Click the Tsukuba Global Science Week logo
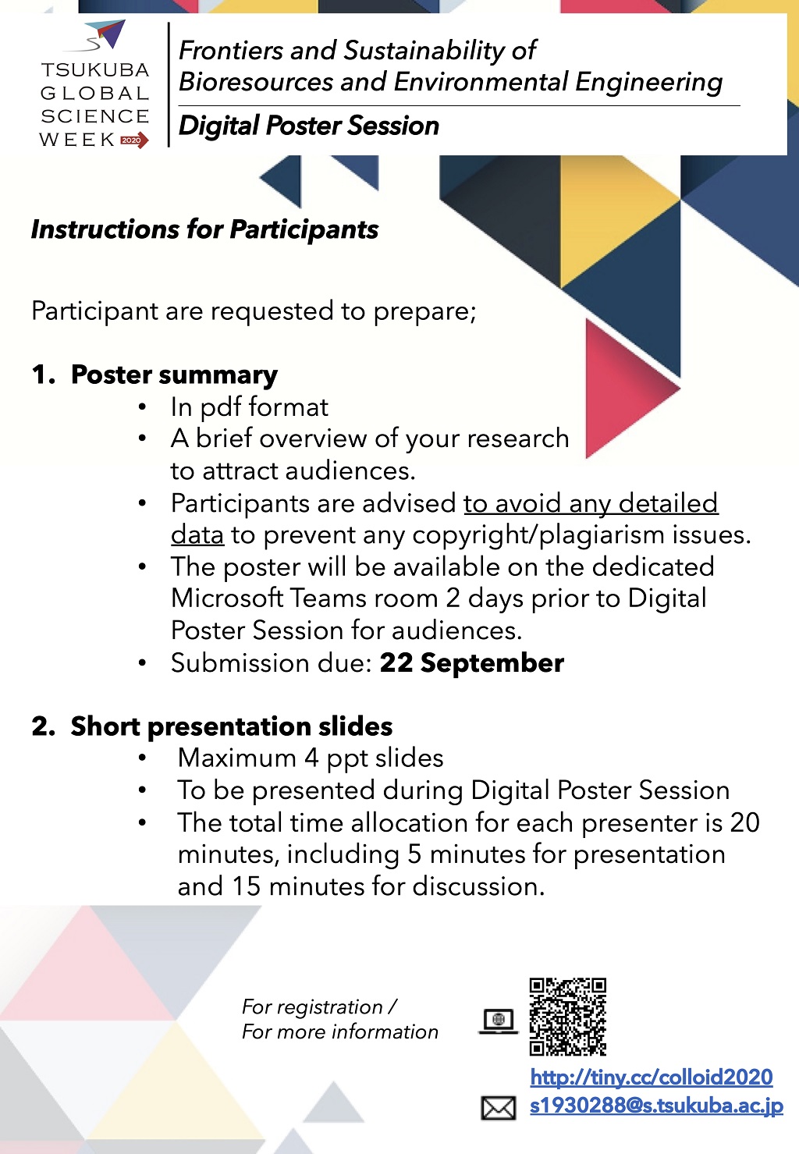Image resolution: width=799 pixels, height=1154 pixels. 94,84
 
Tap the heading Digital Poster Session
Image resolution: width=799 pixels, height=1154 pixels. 308,126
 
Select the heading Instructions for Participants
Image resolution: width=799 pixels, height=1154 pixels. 204,229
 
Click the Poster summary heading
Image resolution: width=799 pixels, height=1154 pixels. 174,375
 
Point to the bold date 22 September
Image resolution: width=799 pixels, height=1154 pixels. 471,662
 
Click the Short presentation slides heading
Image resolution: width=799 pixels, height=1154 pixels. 231,726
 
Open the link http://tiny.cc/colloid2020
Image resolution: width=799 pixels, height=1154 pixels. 652,1077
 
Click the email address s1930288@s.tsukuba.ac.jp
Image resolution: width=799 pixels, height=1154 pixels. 656,1106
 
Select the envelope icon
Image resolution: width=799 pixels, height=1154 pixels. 498,1108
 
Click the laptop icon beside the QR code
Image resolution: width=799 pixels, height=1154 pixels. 498,1021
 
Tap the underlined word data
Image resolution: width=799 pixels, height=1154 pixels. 197,534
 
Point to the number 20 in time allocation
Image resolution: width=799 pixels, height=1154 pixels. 745,822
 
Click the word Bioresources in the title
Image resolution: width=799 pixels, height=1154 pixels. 256,81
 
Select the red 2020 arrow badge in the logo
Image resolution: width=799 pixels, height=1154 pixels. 134,140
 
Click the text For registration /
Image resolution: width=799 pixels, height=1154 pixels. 319,1007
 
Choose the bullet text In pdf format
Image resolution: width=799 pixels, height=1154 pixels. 250,407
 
